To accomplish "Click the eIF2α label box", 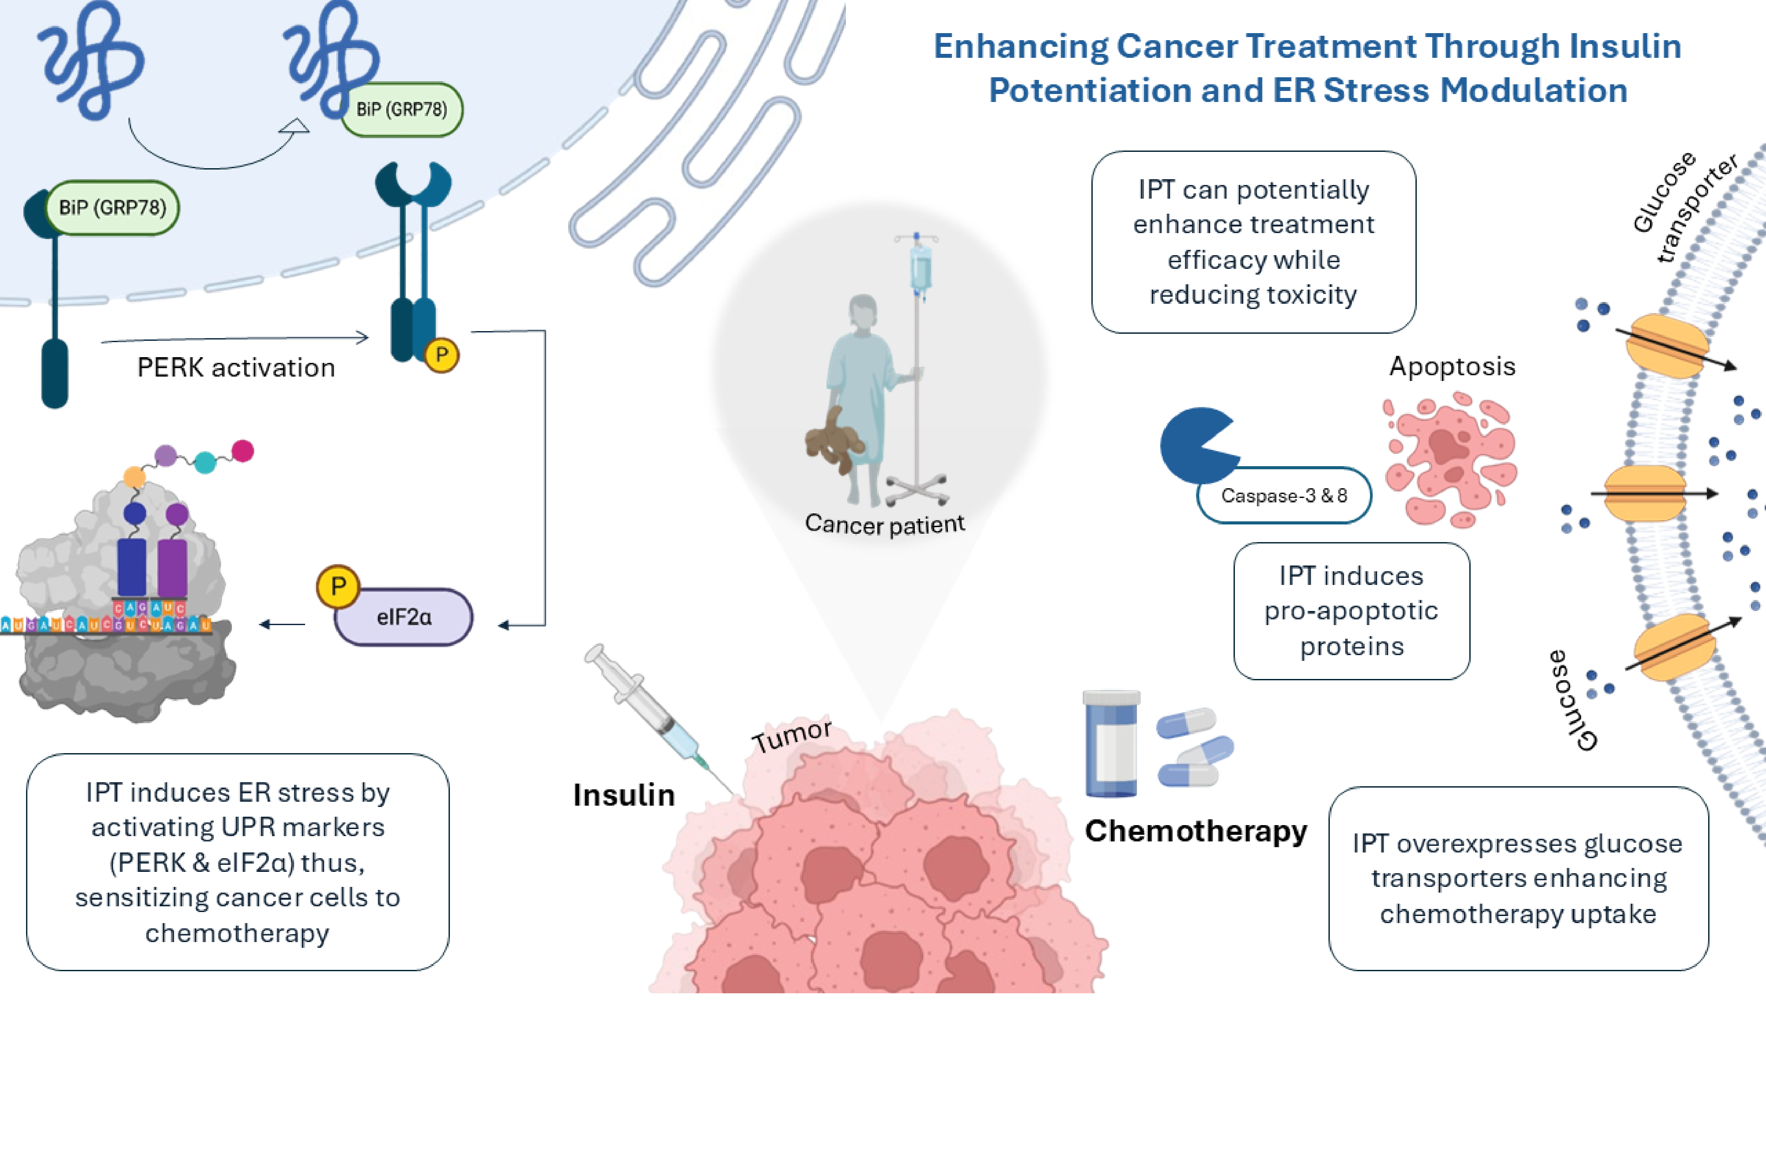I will [404, 617].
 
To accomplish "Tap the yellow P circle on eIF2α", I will [338, 586].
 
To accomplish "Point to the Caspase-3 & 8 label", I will [1284, 496].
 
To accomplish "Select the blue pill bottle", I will [1111, 744].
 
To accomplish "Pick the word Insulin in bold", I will [624, 796].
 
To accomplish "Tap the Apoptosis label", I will [1452, 366].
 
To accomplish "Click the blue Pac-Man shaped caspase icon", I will [1195, 445].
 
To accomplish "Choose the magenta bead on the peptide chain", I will [243, 450].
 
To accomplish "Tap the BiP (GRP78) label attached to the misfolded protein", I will [401, 110].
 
